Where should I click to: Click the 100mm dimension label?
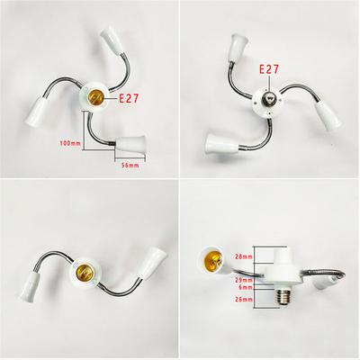coord(70,143)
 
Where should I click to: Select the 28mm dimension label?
coord(244,256)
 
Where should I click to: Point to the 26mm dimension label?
coord(244,299)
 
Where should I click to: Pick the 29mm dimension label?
coord(244,280)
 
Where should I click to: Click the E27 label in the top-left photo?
coord(129,98)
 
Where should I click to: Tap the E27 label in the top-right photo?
coord(269,69)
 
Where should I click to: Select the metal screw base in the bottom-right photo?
coord(283,297)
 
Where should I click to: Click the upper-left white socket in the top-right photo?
coord(238,49)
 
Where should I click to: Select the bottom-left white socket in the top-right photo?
coord(222,144)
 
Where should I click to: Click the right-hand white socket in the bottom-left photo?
coord(153,264)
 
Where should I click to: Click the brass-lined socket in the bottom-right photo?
coord(212,260)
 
